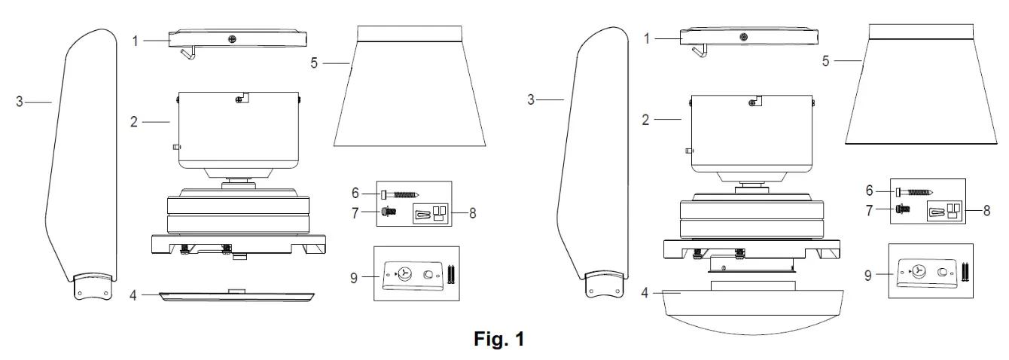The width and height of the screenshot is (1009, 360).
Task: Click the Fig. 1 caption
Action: point(498,340)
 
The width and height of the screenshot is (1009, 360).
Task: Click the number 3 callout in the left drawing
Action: point(20,102)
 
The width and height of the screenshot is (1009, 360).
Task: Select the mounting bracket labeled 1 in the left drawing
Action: point(238,38)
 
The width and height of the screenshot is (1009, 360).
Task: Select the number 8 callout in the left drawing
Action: point(471,212)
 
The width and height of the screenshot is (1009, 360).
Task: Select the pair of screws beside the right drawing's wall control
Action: point(965,272)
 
